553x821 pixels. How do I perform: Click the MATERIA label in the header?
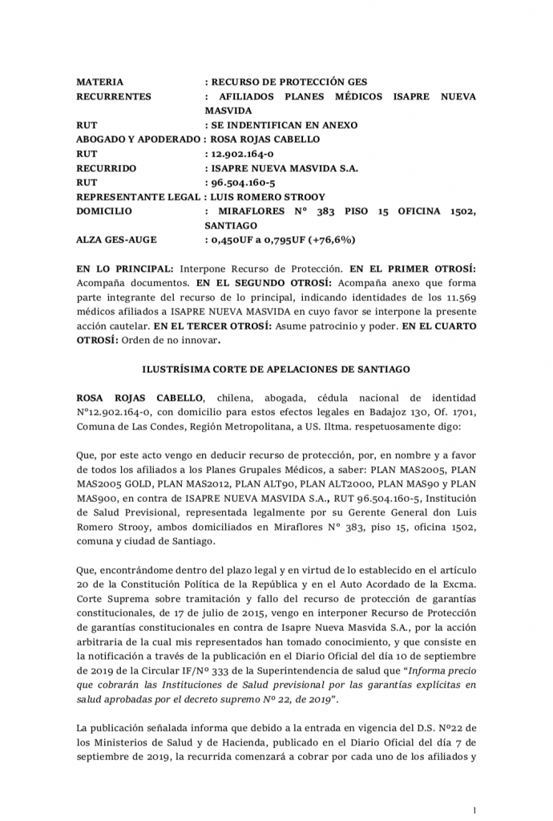point(99,82)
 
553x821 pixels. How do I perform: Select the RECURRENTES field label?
point(114,96)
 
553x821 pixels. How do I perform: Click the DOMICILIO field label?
point(105,211)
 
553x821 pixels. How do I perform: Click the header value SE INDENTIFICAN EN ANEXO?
point(285,125)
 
